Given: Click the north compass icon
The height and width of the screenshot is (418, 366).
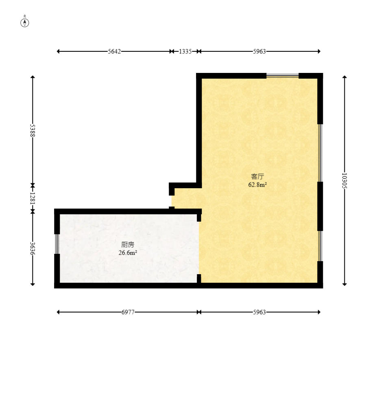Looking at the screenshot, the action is pyautogui.click(x=25, y=22).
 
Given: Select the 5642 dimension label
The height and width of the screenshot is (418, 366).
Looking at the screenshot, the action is pyautogui.click(x=114, y=51).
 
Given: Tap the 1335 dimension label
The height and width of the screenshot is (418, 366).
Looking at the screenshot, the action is pyautogui.click(x=185, y=51).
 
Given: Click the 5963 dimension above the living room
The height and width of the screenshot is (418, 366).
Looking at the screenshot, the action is pyautogui.click(x=259, y=51).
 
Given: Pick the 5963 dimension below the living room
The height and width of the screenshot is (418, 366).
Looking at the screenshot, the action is pyautogui.click(x=259, y=312).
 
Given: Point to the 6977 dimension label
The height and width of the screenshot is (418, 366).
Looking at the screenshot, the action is pyautogui.click(x=128, y=312).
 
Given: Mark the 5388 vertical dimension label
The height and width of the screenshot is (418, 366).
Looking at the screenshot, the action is pyautogui.click(x=33, y=130).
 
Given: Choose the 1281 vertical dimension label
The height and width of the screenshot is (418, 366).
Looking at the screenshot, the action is pyautogui.click(x=33, y=198).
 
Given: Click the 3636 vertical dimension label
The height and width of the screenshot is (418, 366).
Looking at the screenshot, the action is pyautogui.click(x=33, y=249).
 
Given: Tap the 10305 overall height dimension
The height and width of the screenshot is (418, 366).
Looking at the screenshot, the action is pyautogui.click(x=344, y=181).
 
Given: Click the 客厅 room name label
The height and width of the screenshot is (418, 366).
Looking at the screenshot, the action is pyautogui.click(x=257, y=176).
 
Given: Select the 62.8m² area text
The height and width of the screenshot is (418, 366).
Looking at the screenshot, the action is pyautogui.click(x=258, y=185).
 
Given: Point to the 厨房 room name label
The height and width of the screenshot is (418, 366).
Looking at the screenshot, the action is pyautogui.click(x=128, y=244).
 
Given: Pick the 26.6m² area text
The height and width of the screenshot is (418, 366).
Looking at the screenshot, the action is pyautogui.click(x=128, y=253).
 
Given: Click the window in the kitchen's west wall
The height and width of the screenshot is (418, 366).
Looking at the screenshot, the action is pyautogui.click(x=57, y=244).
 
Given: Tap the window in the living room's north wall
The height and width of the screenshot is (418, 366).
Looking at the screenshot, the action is pyautogui.click(x=282, y=76).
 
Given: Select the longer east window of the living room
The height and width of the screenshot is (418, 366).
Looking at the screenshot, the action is pyautogui.click(x=320, y=153).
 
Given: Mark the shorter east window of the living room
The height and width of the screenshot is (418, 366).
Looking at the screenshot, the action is pyautogui.click(x=320, y=246).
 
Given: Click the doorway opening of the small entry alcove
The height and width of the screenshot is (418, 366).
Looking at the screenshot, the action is pyautogui.click(x=172, y=201).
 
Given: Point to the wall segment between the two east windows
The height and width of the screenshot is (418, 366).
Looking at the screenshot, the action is pyautogui.click(x=320, y=206).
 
